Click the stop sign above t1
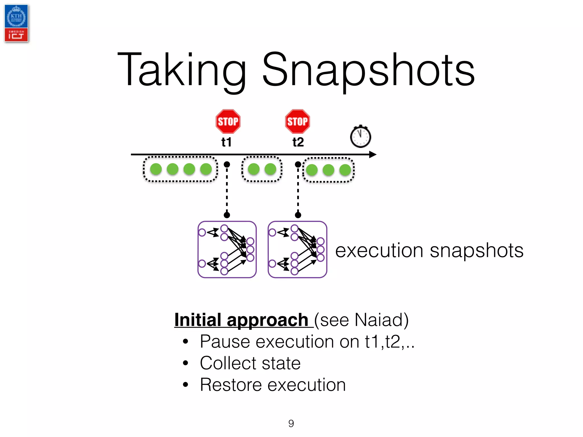228,121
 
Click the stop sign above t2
297,121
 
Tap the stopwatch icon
360,137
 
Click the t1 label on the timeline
227,142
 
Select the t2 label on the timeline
298,142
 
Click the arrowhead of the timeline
373,154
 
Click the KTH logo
16,17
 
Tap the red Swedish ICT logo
16,35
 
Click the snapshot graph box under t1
227,249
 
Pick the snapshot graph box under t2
297,249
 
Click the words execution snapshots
429,251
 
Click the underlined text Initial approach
241,320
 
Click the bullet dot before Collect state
186,363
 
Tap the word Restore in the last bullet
230,385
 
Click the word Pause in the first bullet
225,341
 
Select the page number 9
291,423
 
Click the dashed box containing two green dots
262,169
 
